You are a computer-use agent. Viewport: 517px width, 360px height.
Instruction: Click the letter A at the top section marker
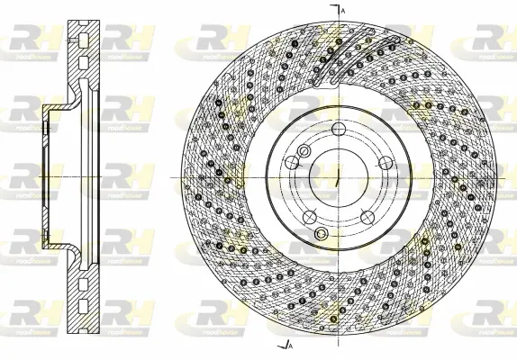tap(343, 8)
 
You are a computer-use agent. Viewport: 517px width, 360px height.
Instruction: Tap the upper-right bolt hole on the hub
tap(385, 163)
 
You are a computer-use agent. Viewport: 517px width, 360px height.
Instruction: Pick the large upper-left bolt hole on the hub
tap(292, 163)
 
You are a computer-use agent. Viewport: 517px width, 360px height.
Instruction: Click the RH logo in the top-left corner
tap(27, 39)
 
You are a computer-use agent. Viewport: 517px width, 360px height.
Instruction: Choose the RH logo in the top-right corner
tap(494, 39)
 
